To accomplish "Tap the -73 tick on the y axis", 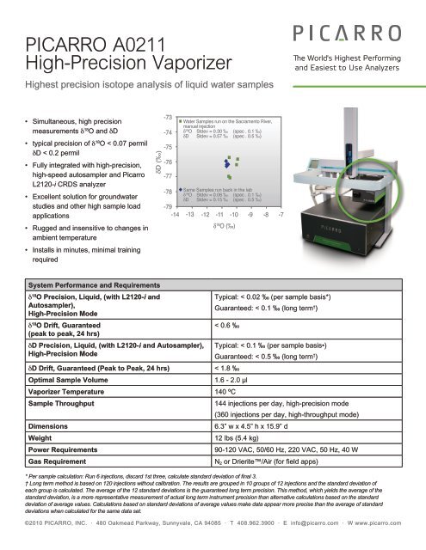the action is pos(168,116).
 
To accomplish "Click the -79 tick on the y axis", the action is pos(168,207).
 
